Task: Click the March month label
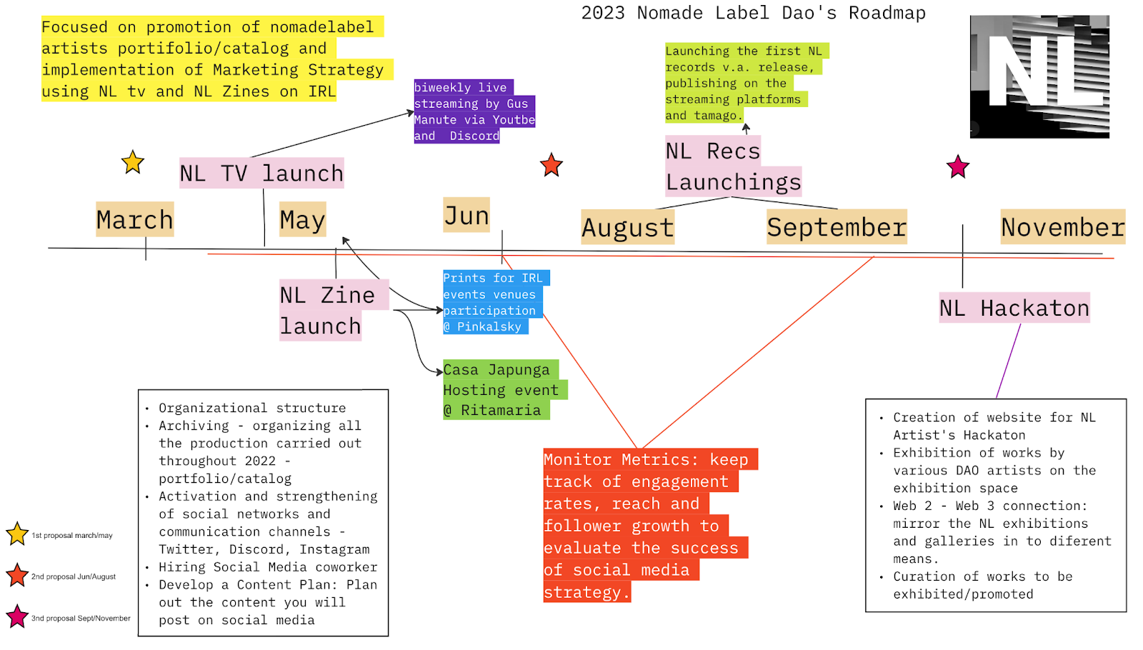click(134, 219)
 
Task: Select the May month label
click(302, 219)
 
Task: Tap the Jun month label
click(466, 215)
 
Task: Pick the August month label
click(627, 227)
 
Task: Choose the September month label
click(837, 227)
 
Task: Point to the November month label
click(1062, 227)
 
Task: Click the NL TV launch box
click(261, 173)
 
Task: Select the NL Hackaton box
click(1014, 308)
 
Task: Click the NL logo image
click(1039, 76)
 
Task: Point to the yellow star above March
click(133, 163)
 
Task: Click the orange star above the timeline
click(551, 165)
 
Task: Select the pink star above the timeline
click(957, 167)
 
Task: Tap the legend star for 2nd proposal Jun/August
click(17, 576)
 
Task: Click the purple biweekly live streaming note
click(474, 111)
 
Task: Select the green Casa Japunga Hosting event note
click(500, 389)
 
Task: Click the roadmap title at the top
click(753, 13)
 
